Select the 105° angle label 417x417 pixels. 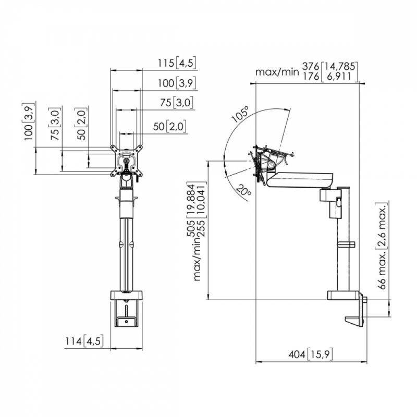pos(241,114)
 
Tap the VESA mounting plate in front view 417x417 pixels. pos(126,161)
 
